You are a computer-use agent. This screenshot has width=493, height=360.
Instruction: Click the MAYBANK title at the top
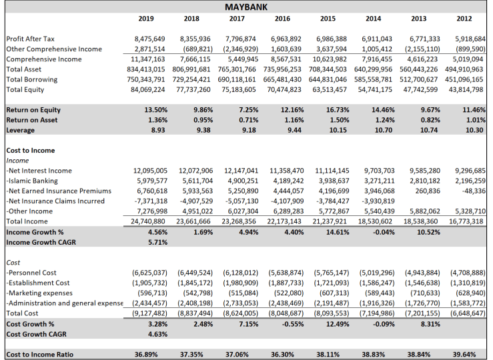click(246, 7)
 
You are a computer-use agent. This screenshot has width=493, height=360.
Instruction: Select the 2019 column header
click(145, 19)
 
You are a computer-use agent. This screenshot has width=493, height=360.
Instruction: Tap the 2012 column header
click(464, 19)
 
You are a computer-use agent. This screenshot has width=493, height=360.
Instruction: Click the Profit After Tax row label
click(31, 39)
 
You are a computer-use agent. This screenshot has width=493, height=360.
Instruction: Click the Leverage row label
click(20, 130)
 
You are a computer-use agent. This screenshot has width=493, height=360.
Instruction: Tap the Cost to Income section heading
click(30, 151)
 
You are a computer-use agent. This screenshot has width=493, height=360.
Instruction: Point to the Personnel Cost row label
click(33, 272)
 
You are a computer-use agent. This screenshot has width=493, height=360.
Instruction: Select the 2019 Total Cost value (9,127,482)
click(147, 312)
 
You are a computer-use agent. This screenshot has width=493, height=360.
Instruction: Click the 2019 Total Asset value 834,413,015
click(147, 69)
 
